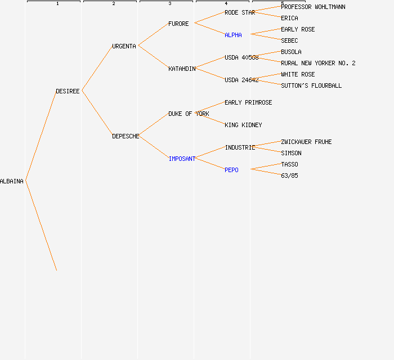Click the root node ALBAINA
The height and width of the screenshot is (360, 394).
12,181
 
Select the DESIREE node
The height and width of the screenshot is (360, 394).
68,91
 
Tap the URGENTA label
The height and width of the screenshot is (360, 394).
124,46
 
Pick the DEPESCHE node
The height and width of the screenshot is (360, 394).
126,136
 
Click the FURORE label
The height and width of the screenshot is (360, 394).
178,24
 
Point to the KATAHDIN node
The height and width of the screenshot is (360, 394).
182,69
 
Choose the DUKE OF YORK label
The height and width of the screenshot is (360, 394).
189,114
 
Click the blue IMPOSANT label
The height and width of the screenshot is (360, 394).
182,159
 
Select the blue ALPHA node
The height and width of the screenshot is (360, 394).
233,35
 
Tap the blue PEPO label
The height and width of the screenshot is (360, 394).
231,170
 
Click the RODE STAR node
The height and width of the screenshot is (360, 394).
240,12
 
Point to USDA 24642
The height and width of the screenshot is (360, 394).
241,80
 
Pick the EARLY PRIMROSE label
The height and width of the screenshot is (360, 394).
248,102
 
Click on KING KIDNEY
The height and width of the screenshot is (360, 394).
243,125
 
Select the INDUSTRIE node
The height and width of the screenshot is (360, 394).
240,147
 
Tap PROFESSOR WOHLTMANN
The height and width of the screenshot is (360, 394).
313,7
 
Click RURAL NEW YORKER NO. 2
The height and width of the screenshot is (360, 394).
318,63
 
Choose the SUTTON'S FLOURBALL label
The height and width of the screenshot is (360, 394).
311,85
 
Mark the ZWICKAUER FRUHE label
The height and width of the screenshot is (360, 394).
306,142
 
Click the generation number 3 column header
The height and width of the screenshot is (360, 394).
170,3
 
